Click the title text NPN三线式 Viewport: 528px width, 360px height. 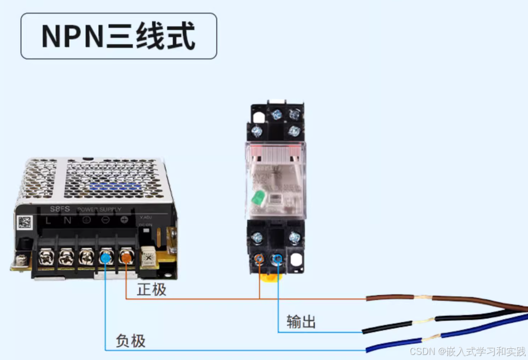(x=118, y=36)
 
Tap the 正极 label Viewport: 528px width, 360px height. (x=152, y=290)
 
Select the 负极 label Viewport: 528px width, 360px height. (x=131, y=340)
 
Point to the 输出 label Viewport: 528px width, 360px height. (x=301, y=321)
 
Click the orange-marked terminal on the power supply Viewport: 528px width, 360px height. (x=126, y=257)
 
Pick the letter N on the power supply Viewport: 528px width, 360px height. (x=68, y=220)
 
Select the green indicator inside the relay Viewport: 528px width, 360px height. (x=258, y=198)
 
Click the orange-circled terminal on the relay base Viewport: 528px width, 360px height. (x=259, y=259)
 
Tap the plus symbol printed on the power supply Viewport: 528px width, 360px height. (x=124, y=220)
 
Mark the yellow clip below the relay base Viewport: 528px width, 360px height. (x=268, y=277)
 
